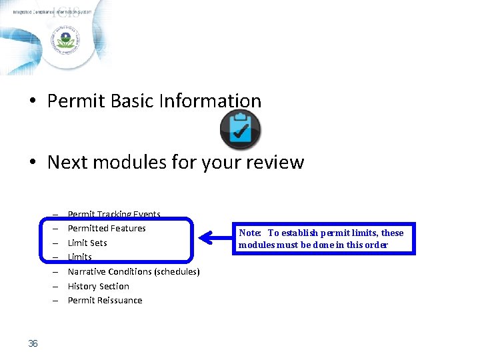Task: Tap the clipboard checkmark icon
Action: (x=240, y=130)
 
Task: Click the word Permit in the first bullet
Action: (x=75, y=101)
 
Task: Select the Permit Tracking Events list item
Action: (x=114, y=214)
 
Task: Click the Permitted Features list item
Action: (x=107, y=228)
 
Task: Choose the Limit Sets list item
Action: (x=87, y=243)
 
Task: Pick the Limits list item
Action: (x=80, y=257)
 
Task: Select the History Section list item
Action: (x=99, y=286)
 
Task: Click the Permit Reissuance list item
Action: (x=105, y=300)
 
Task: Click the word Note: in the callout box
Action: (x=251, y=233)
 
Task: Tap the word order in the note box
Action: (x=376, y=245)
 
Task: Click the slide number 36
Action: (x=33, y=343)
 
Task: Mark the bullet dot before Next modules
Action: (x=31, y=163)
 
